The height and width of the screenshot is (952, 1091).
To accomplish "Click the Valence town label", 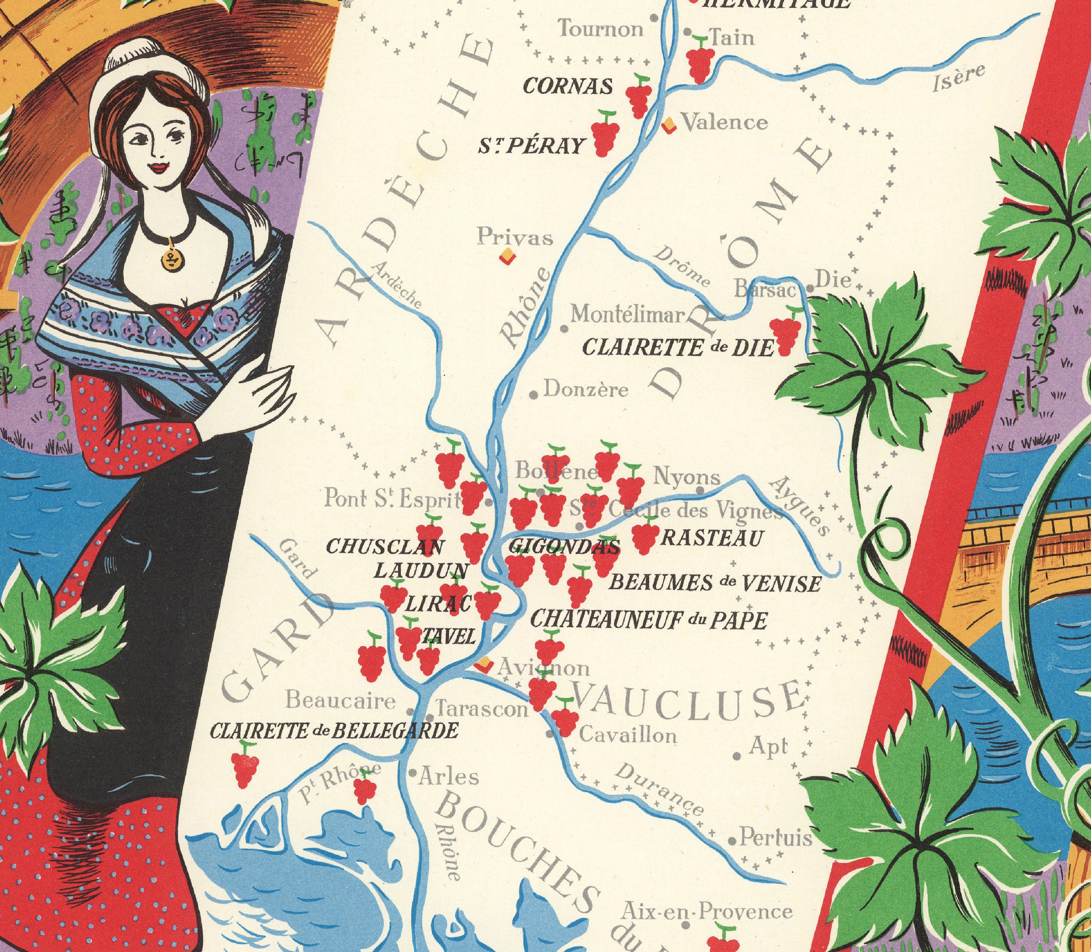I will point(724,123).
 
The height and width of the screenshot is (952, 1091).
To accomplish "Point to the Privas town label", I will point(515,238).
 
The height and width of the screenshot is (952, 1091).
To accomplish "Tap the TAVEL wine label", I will point(448,637).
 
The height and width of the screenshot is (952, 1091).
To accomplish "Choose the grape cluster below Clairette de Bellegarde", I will point(245,766).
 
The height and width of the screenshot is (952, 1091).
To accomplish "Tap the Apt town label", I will point(768,747).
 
